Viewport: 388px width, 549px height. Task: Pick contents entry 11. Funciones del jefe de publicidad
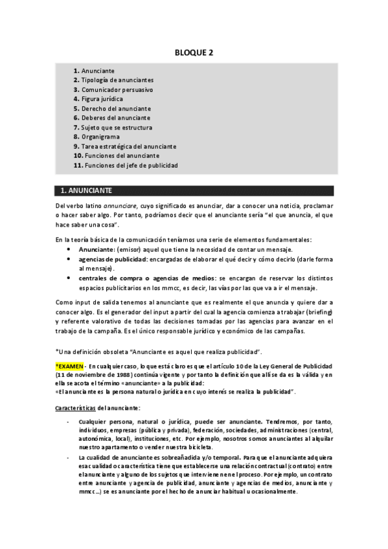126,165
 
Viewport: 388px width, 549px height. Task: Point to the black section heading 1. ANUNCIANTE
86,191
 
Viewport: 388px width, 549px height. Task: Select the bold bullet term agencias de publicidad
113,259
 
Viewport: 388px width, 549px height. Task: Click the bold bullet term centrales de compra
108,278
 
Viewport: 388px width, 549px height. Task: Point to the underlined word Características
76,407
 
